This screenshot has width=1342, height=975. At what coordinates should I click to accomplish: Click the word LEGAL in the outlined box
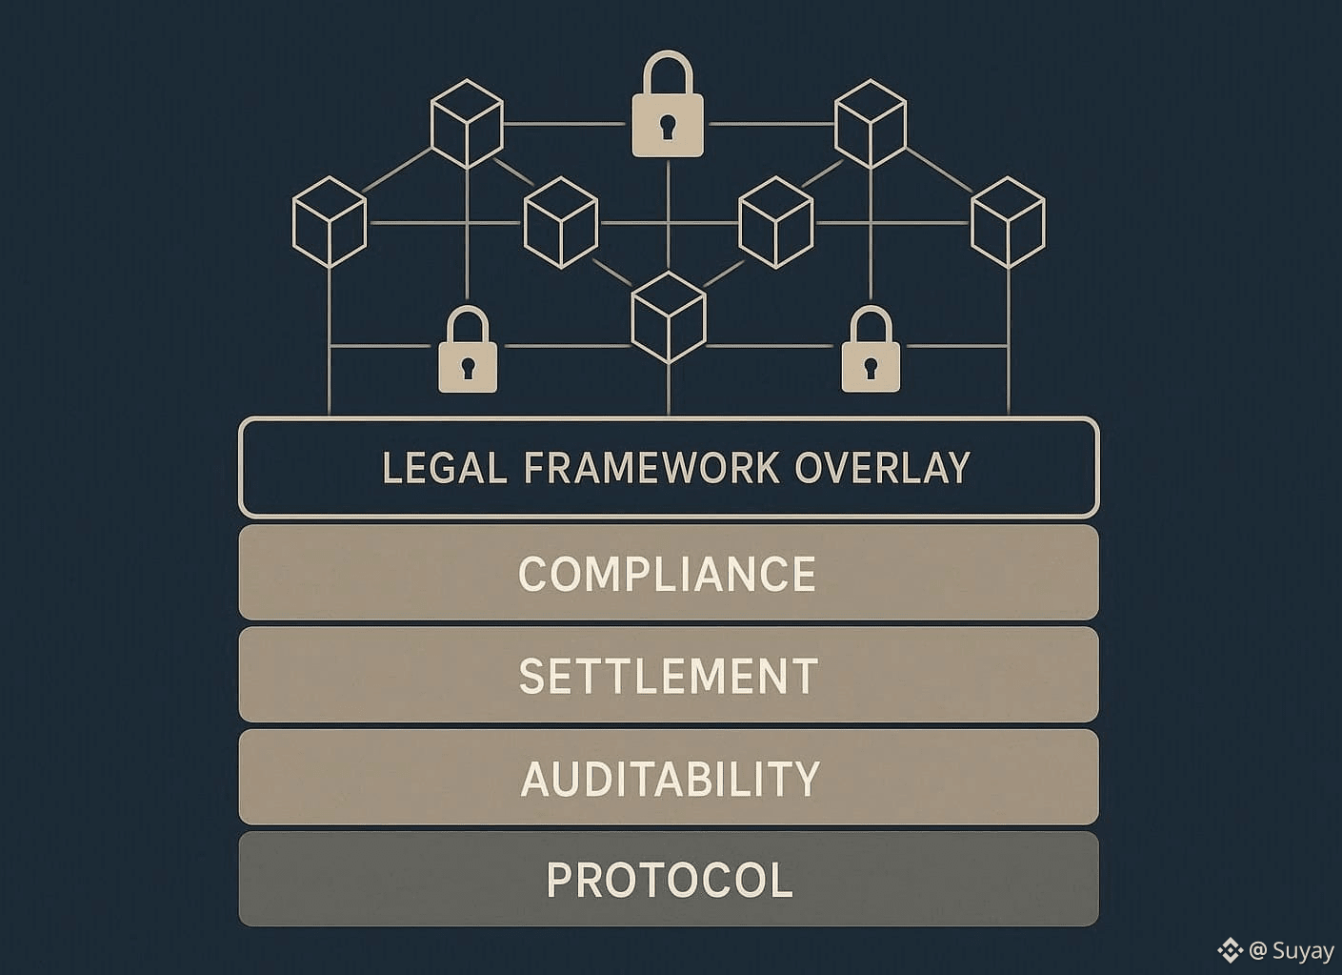(x=444, y=468)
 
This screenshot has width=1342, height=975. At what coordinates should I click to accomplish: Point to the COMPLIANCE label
(x=667, y=574)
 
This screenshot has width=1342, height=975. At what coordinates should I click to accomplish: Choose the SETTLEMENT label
(x=669, y=676)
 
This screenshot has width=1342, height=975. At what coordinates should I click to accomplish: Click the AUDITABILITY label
(x=670, y=779)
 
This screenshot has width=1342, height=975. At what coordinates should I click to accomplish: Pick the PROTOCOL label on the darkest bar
(x=670, y=880)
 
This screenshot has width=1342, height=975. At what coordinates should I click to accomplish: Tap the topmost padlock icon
(x=668, y=107)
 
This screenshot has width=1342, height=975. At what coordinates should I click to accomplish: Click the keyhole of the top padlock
(x=668, y=125)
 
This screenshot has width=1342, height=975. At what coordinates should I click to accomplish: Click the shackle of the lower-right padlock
(x=871, y=325)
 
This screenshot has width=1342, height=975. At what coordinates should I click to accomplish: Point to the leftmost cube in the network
(x=330, y=221)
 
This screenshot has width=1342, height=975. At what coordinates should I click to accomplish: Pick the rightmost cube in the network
(x=1008, y=221)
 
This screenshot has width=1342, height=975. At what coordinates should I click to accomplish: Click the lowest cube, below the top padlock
(x=669, y=316)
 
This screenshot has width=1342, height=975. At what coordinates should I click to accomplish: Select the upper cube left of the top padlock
(x=467, y=125)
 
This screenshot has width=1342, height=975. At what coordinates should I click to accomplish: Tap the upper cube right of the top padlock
(x=871, y=125)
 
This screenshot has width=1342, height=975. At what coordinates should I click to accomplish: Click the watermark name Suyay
(x=1303, y=950)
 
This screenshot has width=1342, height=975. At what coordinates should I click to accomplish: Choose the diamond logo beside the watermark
(x=1230, y=950)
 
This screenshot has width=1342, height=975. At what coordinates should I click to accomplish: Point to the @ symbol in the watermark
(x=1257, y=950)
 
